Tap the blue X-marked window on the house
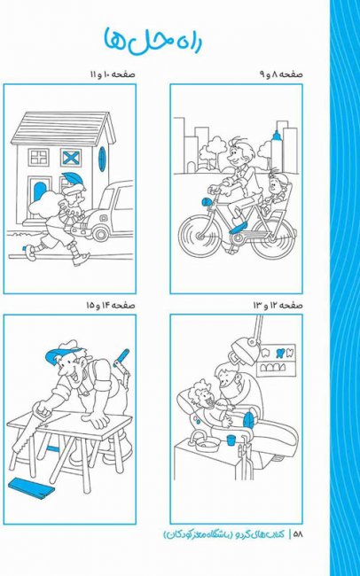click(x=71, y=158)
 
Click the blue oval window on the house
click(x=102, y=159)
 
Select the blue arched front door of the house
click(x=39, y=191)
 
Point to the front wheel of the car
click(x=101, y=232)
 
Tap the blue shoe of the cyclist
click(x=238, y=228)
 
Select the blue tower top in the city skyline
click(x=277, y=136)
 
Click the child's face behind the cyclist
click(x=275, y=183)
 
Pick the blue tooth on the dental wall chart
click(x=280, y=353)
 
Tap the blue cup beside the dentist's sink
click(x=231, y=440)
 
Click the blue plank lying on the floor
click(x=31, y=488)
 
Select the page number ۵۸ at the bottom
click(x=297, y=534)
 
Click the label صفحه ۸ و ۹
click(x=281, y=74)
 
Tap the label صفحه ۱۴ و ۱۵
click(x=111, y=305)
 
